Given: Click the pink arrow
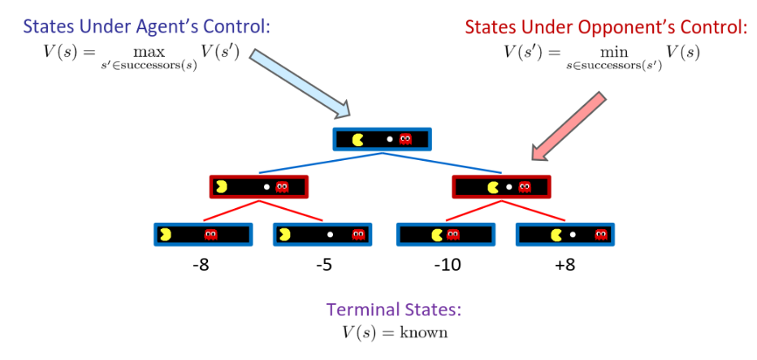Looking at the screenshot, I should coord(569,126).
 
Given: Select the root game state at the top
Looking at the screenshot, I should coord(382,139).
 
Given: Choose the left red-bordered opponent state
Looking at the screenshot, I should coord(259,187).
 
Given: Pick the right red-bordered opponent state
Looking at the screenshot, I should coord(502,187).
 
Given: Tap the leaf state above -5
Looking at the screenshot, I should coord(322,235).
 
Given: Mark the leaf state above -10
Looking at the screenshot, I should coord(444,235).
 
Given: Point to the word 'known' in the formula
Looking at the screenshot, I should coord(427,333).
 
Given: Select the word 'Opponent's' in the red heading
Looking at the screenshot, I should coord(604,27).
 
